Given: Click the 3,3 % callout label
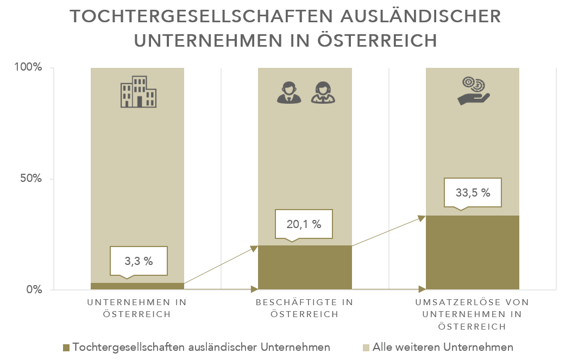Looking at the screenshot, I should tap(139, 261).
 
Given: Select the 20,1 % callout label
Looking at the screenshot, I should tap(304, 224).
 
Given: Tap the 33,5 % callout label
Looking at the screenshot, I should tap(472, 192).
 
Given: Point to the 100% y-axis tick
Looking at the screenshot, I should tap(30, 68).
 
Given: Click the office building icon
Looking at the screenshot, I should tap(138, 91).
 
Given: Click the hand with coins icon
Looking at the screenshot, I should tap(473, 91).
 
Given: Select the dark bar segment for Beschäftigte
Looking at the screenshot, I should tap(305, 267).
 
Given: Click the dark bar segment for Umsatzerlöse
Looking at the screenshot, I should tap(472, 252).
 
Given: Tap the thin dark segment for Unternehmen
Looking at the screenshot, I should tap(137, 286).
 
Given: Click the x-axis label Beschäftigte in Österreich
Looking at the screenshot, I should tap(305, 308).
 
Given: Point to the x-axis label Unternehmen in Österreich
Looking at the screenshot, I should tap(137, 308).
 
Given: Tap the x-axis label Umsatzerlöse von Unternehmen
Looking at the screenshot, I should tap(472, 314).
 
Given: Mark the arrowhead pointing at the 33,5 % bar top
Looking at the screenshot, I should tap(422, 218).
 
